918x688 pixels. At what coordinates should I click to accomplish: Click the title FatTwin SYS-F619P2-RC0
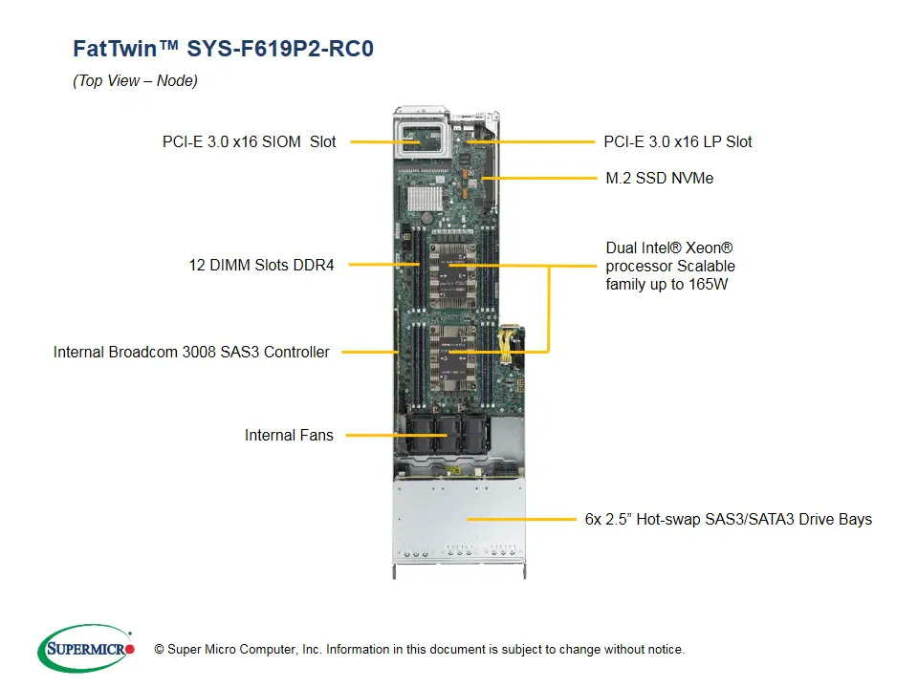tap(223, 49)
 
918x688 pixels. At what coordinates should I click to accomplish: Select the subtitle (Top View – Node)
tap(135, 81)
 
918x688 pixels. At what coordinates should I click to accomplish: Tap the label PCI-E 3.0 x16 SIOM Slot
tap(249, 141)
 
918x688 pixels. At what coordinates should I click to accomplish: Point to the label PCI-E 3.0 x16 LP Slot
tap(678, 141)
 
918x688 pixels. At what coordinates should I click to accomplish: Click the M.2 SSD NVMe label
tap(660, 178)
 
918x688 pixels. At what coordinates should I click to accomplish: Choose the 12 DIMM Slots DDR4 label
tap(261, 265)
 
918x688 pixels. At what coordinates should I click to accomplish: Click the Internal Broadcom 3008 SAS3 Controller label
tap(191, 352)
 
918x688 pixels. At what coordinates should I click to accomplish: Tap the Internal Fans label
tap(289, 435)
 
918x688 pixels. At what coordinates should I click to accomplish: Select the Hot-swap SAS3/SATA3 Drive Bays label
tap(728, 519)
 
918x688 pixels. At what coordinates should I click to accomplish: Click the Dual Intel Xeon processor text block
tap(670, 266)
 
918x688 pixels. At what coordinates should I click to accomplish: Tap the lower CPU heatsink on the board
tap(449, 354)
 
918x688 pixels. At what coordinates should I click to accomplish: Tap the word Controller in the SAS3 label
tap(295, 352)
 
